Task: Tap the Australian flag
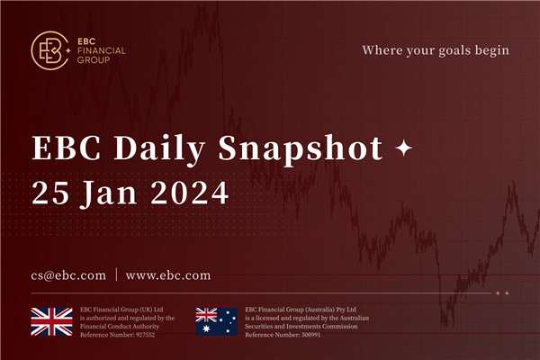(217, 321)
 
